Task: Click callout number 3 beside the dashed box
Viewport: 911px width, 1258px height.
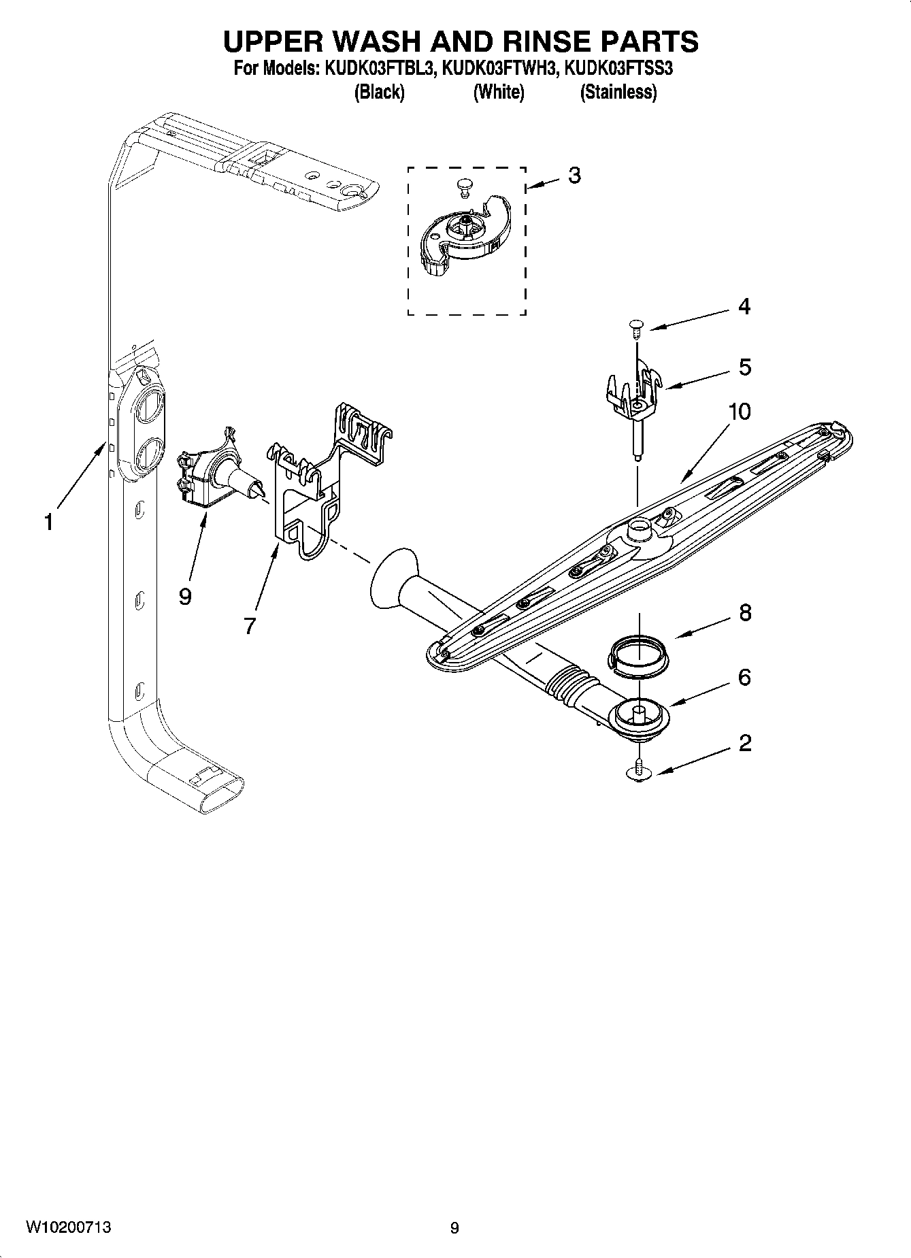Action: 574,176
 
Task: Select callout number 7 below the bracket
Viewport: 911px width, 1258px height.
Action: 250,626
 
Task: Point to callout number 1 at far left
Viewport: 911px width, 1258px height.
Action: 48,523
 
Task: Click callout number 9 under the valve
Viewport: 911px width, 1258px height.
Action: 184,597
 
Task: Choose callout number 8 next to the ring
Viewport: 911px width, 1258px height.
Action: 745,613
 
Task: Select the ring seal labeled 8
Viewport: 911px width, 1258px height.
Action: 637,655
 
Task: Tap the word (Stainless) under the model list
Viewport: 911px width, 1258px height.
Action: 618,93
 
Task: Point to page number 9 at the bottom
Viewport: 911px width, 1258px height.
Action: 454,1228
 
